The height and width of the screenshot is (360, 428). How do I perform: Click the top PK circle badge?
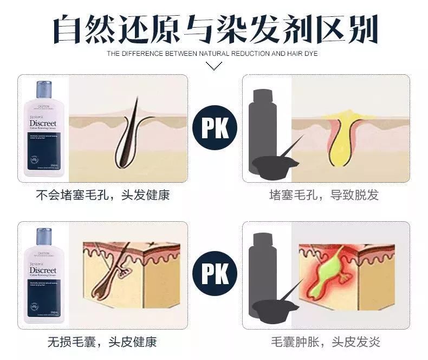point(215,128)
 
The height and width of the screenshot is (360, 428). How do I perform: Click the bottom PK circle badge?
point(215,274)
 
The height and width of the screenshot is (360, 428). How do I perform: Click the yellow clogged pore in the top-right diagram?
point(340,133)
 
